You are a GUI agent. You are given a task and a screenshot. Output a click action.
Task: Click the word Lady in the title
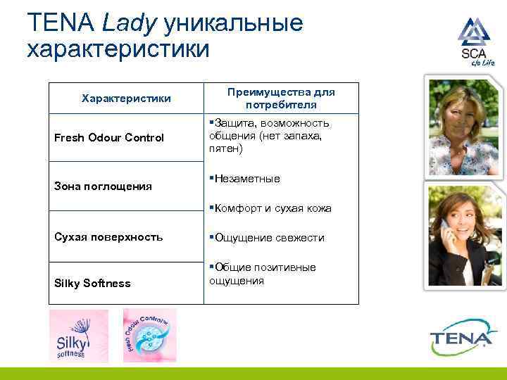[x=130, y=23]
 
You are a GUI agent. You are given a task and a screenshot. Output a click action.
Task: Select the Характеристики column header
[x=126, y=99]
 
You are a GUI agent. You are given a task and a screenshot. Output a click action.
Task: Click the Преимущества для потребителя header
[x=280, y=99]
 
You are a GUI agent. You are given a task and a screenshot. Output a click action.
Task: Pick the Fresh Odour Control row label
[x=109, y=137]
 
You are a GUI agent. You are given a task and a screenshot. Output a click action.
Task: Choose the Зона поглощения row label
[x=103, y=186]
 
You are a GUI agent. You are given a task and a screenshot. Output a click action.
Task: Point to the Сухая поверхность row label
[x=108, y=236]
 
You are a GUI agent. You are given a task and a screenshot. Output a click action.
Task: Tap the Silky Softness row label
[x=92, y=283]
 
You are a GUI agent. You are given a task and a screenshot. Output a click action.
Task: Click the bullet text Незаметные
[x=247, y=179]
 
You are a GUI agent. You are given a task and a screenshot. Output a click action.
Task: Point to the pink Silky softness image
[x=78, y=336]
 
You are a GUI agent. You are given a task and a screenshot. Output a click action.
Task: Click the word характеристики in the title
[x=118, y=49]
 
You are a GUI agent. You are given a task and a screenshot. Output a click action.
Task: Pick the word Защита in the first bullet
[x=233, y=123]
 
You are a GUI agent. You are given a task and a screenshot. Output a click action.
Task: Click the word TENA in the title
[x=61, y=23]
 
